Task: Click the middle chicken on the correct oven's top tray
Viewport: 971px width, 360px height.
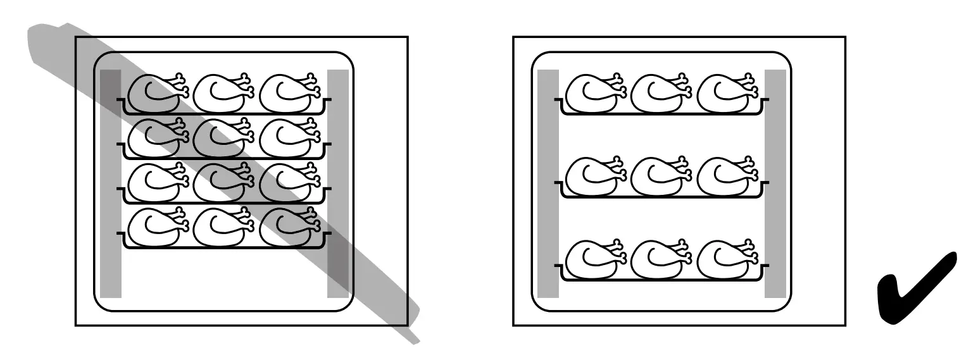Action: [656, 93]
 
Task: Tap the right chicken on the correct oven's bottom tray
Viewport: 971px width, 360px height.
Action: [722, 259]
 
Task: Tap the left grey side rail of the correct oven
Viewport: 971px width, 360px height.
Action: [548, 183]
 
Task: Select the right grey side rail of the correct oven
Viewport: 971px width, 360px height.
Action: [775, 183]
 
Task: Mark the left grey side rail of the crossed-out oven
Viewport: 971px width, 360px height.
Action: [111, 183]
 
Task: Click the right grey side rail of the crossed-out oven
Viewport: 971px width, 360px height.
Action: [338, 183]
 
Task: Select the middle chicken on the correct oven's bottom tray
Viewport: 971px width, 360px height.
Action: [656, 259]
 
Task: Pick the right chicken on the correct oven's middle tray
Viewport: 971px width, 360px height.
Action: [722, 177]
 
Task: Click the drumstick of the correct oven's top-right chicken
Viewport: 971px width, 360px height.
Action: [749, 83]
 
